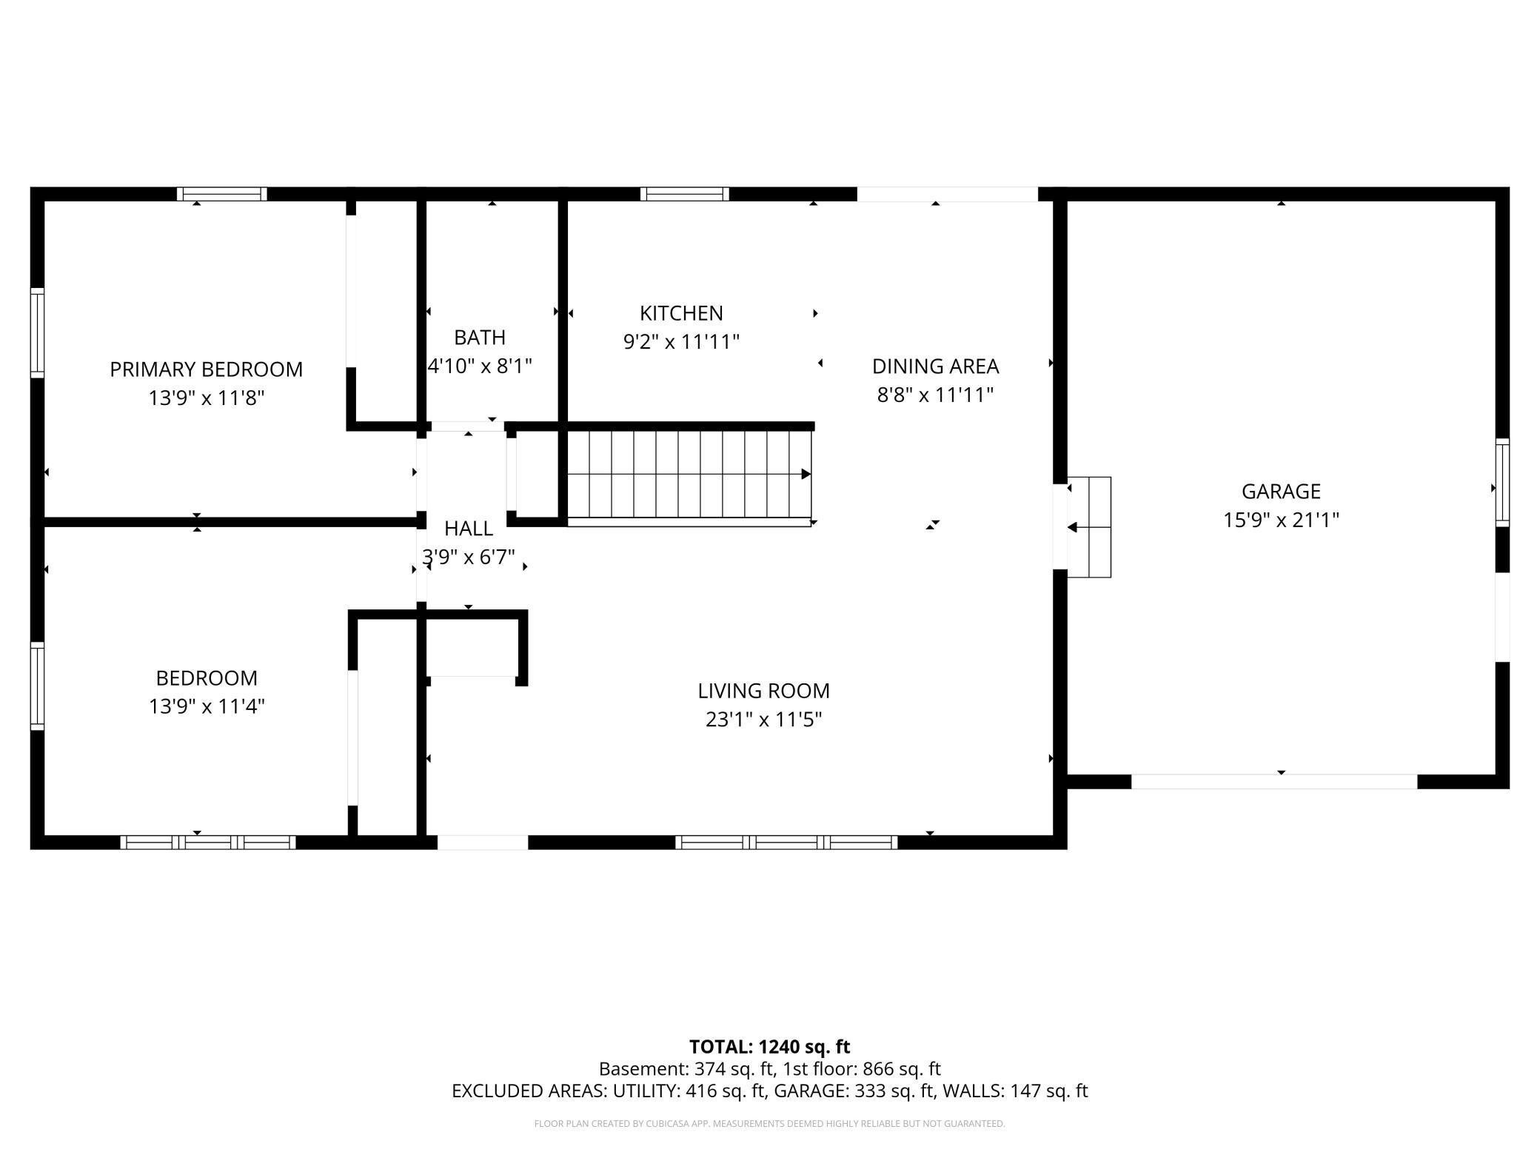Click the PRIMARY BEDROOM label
point(206,369)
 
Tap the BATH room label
point(480,337)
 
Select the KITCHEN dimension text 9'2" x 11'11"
point(681,342)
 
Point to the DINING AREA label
point(935,366)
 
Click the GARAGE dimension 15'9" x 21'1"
point(1281,520)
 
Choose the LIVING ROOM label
point(763,691)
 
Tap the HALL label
point(468,529)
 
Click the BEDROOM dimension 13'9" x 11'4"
point(207,706)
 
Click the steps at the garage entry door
point(1089,527)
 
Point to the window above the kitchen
point(684,194)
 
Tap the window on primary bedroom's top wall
point(221,194)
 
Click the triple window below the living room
point(786,842)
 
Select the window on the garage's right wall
point(1502,483)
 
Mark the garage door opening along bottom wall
point(1273,781)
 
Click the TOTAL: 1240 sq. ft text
point(769,1047)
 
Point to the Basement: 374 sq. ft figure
point(685,1069)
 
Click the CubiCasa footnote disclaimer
point(769,1124)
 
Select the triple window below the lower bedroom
point(208,842)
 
